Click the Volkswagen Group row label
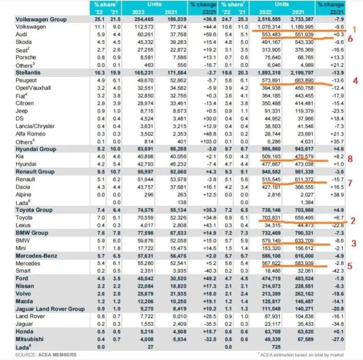point(41,19)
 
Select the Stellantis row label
point(28,73)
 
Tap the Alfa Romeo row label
point(31,134)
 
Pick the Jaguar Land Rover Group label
point(50,309)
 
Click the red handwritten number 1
point(354,30)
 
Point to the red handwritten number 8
point(350,158)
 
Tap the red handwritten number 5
point(350,266)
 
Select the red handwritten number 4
point(355,81)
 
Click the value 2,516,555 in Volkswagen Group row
point(269,19)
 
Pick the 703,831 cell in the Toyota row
point(271,218)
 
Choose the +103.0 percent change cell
point(209,142)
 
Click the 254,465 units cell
point(144,19)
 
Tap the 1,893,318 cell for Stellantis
point(269,73)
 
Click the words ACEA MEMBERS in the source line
point(57,355)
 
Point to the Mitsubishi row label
point(30,339)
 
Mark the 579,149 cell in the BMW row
point(271,241)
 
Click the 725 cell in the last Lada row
point(276,347)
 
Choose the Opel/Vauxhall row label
point(33,88)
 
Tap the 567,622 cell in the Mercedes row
point(271,263)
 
